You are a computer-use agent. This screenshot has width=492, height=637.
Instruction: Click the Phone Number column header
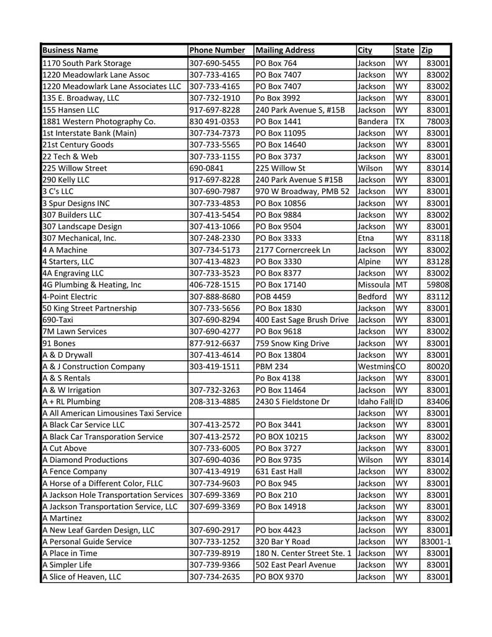[x=217, y=50]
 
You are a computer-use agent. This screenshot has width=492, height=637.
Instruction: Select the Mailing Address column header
[x=285, y=50]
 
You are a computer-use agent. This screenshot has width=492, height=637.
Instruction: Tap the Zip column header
[x=427, y=50]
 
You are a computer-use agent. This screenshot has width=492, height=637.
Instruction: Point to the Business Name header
[x=70, y=50]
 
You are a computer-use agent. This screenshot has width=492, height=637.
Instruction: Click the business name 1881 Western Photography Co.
[x=99, y=121]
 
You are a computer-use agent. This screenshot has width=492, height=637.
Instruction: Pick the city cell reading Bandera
[x=373, y=121]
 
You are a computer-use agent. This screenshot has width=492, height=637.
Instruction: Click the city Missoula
[x=374, y=285]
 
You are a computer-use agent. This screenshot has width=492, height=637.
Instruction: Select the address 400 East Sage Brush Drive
[x=302, y=320]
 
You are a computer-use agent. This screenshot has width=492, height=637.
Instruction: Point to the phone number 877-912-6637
[x=214, y=343]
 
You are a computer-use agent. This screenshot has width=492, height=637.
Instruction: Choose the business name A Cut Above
[x=65, y=449]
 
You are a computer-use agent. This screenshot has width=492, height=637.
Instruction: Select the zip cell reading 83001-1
[x=435, y=542]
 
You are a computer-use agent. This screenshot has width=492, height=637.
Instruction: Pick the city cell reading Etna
[x=366, y=238]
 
